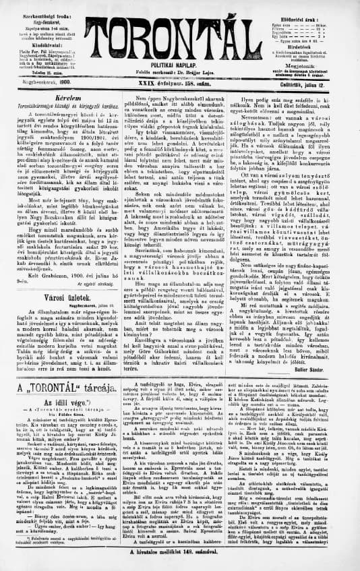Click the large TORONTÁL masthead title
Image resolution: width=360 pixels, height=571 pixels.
coord(181,30)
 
